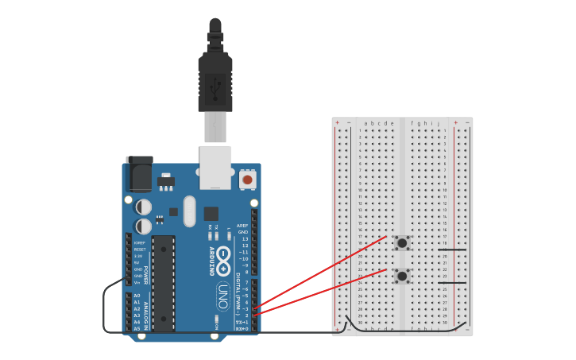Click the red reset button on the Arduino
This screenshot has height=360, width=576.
[247, 180]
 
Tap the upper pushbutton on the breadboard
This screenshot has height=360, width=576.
[402, 242]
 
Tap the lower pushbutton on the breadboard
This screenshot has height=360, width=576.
[402, 276]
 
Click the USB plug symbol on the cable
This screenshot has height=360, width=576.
[215, 87]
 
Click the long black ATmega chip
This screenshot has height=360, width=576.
[163, 282]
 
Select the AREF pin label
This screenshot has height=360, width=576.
[242, 226]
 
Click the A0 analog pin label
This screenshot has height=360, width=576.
[137, 296]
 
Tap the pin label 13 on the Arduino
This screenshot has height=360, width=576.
[244, 238]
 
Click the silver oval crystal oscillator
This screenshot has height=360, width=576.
[188, 211]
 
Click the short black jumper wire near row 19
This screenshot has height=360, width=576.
[452, 250]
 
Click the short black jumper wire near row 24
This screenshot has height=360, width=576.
[452, 282]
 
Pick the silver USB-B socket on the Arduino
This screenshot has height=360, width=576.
[215, 167]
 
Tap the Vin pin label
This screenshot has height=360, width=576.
[137, 282]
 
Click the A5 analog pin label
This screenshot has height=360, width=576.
[137, 327]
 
